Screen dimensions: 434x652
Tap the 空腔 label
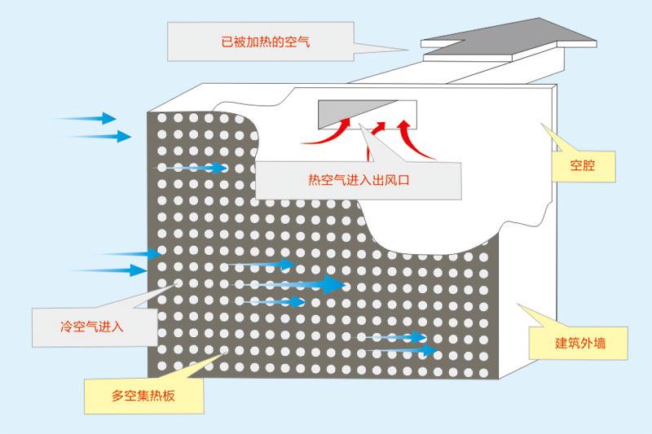(x=582, y=166)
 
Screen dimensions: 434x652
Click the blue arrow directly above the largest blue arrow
(x=259, y=265)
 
